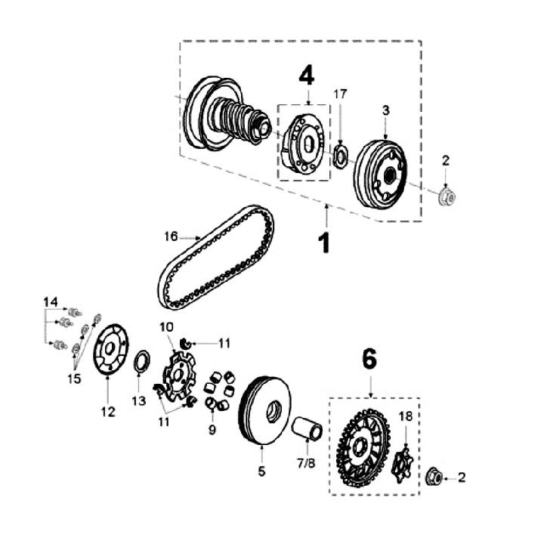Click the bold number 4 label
[305, 76]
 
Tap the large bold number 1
[325, 243]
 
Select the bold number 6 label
[369, 360]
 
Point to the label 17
[340, 94]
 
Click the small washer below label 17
[340, 156]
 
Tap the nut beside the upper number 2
[447, 197]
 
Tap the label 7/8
[306, 461]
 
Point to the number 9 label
[212, 431]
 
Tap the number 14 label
[51, 302]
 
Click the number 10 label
[167, 326]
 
